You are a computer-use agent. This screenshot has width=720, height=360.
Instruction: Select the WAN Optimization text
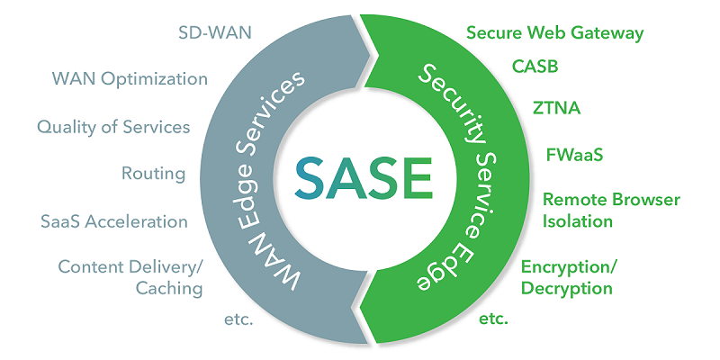pos(130,78)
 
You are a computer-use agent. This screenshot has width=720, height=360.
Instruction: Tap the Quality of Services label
pos(113,127)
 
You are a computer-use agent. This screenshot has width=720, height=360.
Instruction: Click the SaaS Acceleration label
pos(114,221)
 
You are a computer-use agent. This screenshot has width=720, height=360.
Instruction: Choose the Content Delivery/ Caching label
pos(130,277)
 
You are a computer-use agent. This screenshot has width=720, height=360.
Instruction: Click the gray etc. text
pos(238,319)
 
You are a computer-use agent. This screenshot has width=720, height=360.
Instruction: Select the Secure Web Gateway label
pos(555,33)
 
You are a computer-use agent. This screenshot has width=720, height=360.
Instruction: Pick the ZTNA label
pos(556,109)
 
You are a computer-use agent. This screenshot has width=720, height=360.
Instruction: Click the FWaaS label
pos(574,154)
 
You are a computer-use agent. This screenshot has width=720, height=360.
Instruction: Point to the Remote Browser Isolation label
pos(611,210)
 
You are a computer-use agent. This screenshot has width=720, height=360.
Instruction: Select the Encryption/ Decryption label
pos(569,277)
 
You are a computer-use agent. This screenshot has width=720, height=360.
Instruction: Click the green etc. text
pos(494,319)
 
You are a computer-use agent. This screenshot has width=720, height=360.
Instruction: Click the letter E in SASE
pos(417,179)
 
